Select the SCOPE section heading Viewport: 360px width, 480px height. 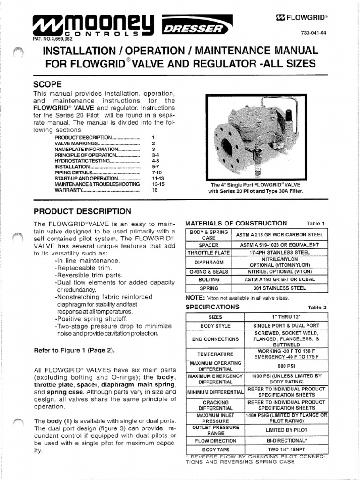tap(47, 84)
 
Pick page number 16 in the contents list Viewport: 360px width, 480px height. tap(155, 191)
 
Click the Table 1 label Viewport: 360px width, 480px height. tap(316, 224)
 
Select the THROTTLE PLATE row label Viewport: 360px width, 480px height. tap(209, 252)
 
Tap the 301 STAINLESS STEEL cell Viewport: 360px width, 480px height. tap(286, 288)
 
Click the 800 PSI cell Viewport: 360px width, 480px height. tap(286, 366)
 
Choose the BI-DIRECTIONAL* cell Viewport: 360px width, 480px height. tap(286, 441)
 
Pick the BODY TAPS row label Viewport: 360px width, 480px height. tap(215, 450)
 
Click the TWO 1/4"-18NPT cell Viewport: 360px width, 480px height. tap(286, 450)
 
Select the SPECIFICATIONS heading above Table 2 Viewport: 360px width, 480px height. tap(212, 307)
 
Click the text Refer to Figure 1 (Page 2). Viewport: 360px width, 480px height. tap(74, 350)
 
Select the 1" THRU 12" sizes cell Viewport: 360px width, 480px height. tap(286, 317)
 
